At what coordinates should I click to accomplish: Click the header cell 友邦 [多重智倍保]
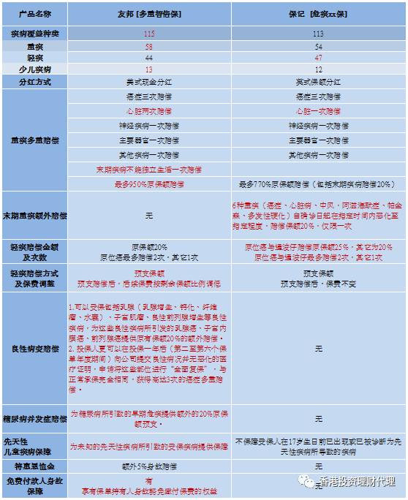(149, 15)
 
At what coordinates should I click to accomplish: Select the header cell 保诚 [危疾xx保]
(318, 15)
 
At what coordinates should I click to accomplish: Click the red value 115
(149, 34)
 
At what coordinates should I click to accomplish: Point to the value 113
(318, 34)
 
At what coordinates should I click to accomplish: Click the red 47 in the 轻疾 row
(318, 57)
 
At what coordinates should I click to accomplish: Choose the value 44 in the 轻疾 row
(149, 57)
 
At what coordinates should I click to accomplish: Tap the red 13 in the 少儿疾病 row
(149, 69)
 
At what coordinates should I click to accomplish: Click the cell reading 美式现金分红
(149, 82)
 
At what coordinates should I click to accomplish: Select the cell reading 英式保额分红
(318, 82)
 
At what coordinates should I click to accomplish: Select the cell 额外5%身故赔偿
(149, 465)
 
